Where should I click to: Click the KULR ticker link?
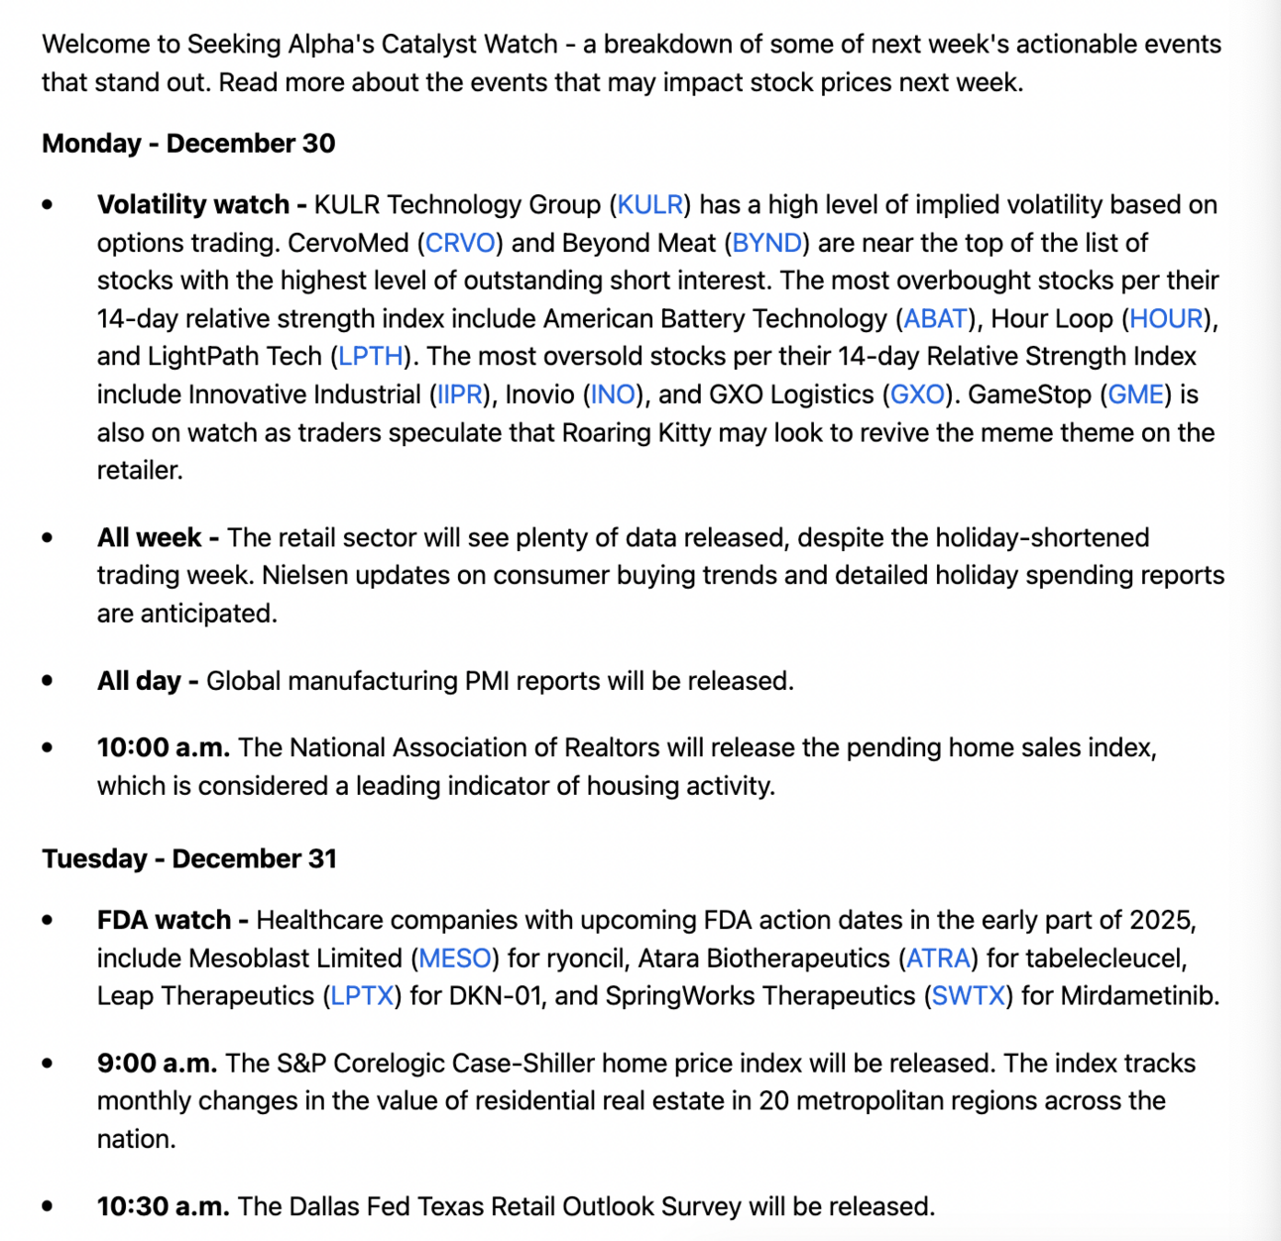pyautogui.click(x=649, y=205)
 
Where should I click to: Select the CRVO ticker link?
pyautogui.click(x=460, y=243)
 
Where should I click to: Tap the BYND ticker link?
pyautogui.click(x=766, y=243)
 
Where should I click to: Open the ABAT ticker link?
pyautogui.click(x=935, y=319)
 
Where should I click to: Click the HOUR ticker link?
pyautogui.click(x=1166, y=319)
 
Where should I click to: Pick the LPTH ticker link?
pyautogui.click(x=371, y=357)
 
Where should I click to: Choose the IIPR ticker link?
pyautogui.click(x=460, y=395)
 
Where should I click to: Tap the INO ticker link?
pyautogui.click(x=612, y=395)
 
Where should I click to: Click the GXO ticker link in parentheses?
pyautogui.click(x=917, y=395)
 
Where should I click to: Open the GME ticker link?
pyautogui.click(x=1135, y=395)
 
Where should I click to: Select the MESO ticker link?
pyautogui.click(x=455, y=959)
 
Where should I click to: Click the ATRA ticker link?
pyautogui.click(x=938, y=959)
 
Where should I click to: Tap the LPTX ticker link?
pyautogui.click(x=362, y=996)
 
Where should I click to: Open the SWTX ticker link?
pyautogui.click(x=968, y=996)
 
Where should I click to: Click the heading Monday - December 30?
pyautogui.click(x=188, y=144)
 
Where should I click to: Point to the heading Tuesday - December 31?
pyautogui.click(x=189, y=858)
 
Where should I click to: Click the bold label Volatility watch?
pyautogui.click(x=192, y=205)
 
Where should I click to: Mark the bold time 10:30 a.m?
pyautogui.click(x=163, y=1206)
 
